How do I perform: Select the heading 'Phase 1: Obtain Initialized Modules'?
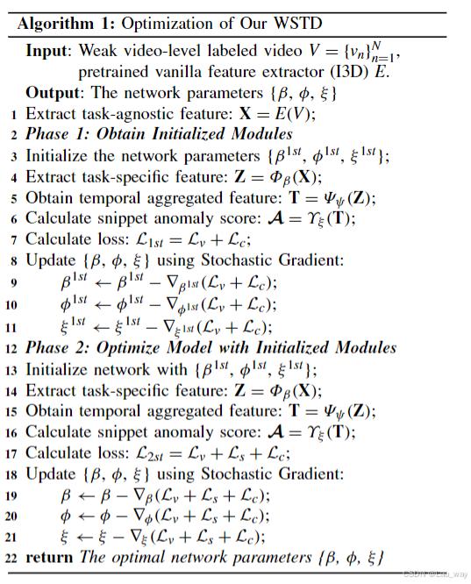pos(159,134)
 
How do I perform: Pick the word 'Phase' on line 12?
pos(48,347)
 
